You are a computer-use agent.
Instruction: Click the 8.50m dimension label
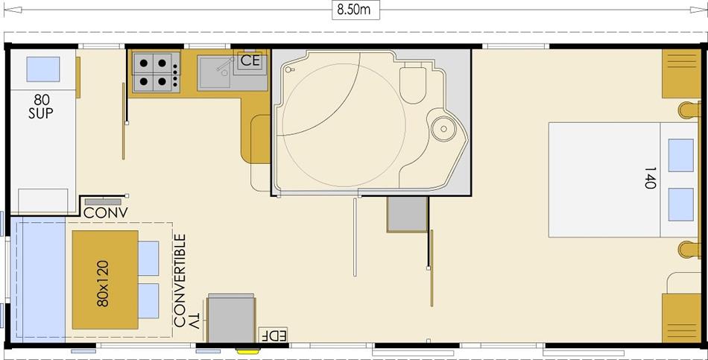click(355, 10)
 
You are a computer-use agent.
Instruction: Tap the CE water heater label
click(250, 60)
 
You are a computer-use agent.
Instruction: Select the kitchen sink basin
click(214, 72)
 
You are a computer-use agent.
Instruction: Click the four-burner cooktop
click(157, 72)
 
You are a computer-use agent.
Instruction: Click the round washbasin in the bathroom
click(444, 129)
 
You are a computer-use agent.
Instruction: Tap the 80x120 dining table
click(105, 280)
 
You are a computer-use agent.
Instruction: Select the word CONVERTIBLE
click(180, 280)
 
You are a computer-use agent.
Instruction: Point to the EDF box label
click(274, 335)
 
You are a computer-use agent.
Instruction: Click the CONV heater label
click(106, 212)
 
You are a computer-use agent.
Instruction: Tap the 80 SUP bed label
click(41, 107)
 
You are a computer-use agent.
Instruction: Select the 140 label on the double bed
click(650, 177)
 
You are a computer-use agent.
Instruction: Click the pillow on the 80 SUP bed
click(43, 69)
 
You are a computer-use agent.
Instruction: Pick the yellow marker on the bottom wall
click(248, 351)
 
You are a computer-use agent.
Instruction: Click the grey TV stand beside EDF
click(231, 318)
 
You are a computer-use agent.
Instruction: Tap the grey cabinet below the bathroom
click(407, 215)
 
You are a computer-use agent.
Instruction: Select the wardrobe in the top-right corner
click(681, 73)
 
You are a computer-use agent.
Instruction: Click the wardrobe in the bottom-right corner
click(681, 318)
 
